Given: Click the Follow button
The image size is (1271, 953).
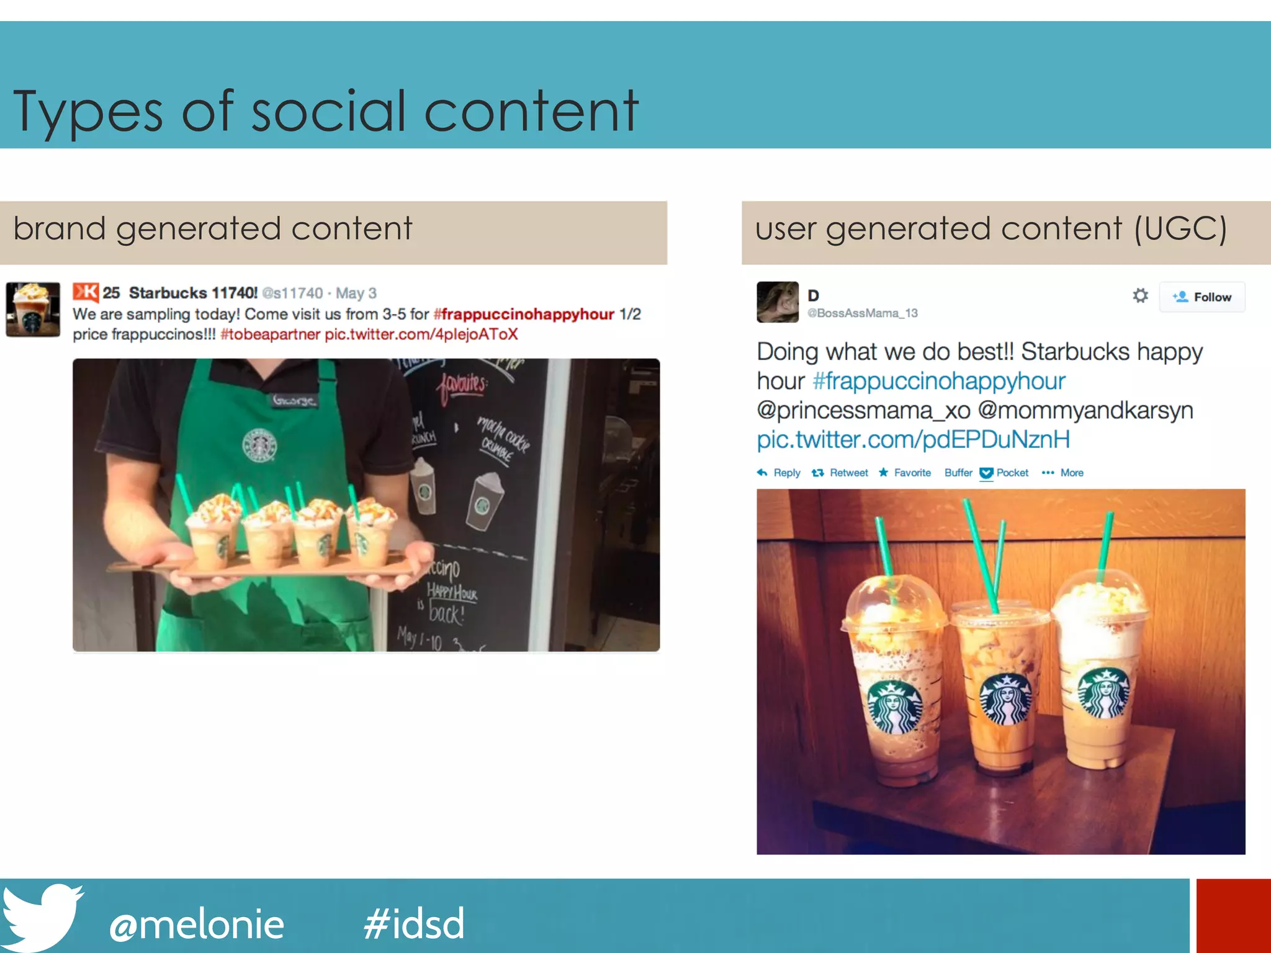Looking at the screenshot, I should pyautogui.click(x=1201, y=297).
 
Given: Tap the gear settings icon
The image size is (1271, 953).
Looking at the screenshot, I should pyautogui.click(x=1140, y=295).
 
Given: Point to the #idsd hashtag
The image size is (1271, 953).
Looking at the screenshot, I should pyautogui.click(x=414, y=924).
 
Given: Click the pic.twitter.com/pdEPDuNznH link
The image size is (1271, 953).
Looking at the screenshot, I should pyautogui.click(x=913, y=440).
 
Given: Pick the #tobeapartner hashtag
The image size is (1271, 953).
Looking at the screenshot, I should pyautogui.click(x=270, y=334).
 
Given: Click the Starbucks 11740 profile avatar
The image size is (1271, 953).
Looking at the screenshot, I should pyautogui.click(x=33, y=310).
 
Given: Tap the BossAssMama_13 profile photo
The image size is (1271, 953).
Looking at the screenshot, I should pyautogui.click(x=777, y=302).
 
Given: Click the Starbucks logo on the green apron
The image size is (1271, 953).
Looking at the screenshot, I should pyautogui.click(x=259, y=444).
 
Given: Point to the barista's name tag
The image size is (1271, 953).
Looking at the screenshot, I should pyautogui.click(x=295, y=401).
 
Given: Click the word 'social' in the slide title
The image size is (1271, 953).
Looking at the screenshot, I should pyautogui.click(x=328, y=112).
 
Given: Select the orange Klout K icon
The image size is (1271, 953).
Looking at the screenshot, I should pyautogui.click(x=86, y=292).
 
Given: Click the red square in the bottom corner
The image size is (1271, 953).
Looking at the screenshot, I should pyautogui.click(x=1233, y=916).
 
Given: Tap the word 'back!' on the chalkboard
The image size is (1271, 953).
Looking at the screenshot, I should pyautogui.click(x=447, y=614).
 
